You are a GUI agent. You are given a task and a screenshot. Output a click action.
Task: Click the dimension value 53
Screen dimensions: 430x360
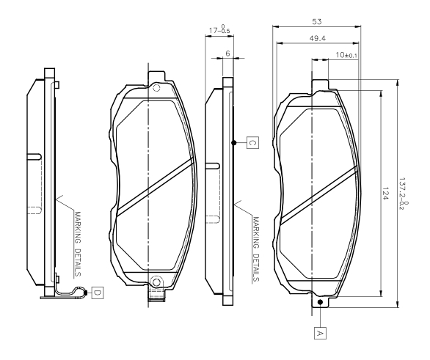317,21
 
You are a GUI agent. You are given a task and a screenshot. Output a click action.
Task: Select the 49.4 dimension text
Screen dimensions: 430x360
318,38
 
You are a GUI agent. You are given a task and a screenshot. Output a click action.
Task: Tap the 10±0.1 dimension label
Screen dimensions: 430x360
346,55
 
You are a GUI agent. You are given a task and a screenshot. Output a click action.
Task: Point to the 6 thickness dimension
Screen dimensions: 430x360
227,54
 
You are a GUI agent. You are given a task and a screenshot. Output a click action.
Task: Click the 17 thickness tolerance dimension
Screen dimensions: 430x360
219,29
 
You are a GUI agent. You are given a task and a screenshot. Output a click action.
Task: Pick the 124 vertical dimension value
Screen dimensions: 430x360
385,194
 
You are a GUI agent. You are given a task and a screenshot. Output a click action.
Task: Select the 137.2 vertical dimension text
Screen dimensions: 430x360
404,194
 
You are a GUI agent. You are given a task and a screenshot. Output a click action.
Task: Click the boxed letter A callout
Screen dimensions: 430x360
320,333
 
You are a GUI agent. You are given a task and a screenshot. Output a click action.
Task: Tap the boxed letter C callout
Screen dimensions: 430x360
252,142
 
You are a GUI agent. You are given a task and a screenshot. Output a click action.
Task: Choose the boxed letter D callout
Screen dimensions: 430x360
98,293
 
